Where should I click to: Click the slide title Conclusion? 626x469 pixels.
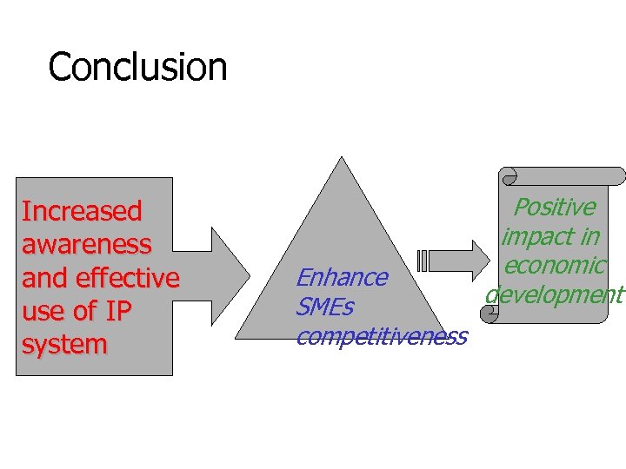[137, 67]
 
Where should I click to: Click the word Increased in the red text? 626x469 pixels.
[82, 211]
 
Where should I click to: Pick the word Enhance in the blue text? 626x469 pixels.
[342, 278]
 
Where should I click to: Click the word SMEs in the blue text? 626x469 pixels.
[324, 307]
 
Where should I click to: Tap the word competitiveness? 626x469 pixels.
[382, 336]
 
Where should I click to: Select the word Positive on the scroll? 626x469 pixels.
[555, 207]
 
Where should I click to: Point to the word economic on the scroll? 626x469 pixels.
[554, 265]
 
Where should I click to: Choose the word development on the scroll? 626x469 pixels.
[555, 294]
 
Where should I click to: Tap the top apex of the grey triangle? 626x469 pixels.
[343, 158]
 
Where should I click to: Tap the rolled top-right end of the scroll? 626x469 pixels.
[616, 176]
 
